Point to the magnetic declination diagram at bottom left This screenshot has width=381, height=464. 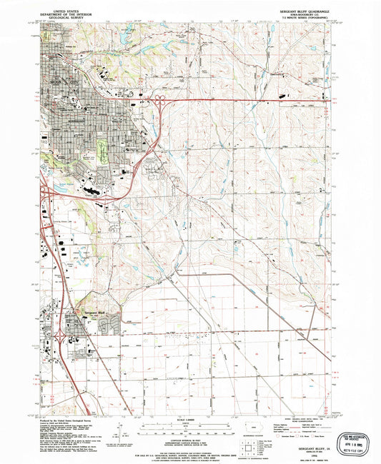pos(114,432)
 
